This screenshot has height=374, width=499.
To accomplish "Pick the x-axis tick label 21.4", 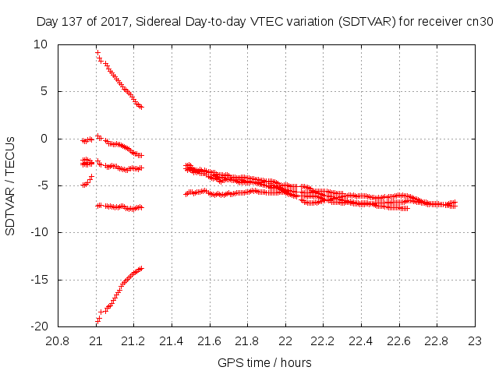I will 172,340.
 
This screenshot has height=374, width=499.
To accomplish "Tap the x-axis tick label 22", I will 285,340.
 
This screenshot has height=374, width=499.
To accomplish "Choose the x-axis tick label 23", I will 475,340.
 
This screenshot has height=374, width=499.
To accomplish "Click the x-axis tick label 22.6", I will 399,340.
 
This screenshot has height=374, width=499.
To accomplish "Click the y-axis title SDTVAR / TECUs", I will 11,185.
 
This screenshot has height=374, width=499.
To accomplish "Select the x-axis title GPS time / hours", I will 265,363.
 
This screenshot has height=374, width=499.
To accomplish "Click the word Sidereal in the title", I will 157,22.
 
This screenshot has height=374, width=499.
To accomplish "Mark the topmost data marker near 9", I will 97,52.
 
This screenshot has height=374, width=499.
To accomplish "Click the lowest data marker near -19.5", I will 97,320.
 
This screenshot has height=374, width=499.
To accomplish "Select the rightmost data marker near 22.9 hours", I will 455,203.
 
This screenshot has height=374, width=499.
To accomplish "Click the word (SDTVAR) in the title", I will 362,22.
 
